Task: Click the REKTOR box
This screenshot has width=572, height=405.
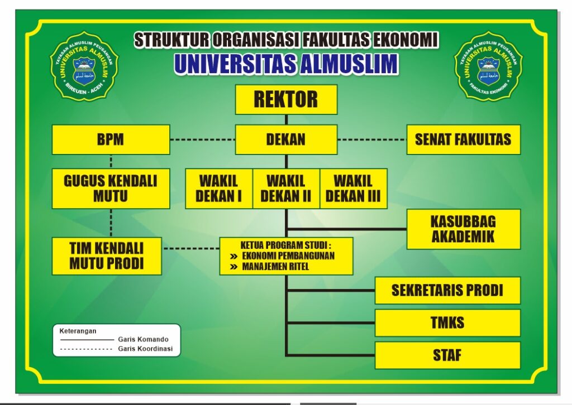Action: pos(286,99)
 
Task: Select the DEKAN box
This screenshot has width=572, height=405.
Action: pos(286,139)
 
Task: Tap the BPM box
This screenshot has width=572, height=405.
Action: pos(111,139)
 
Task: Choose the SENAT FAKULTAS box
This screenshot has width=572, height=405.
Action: pos(463,139)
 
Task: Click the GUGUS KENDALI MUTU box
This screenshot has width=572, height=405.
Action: pos(111,189)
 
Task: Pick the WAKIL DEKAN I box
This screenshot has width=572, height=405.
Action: pos(219,189)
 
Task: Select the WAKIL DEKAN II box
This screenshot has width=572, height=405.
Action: pos(287,189)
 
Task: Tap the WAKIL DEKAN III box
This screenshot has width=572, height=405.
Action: pos(354,189)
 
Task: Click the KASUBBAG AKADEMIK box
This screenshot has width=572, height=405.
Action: pos(463,229)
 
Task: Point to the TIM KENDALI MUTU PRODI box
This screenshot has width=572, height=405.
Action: pos(107,256)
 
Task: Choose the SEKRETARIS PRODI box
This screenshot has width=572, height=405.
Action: pos(447,290)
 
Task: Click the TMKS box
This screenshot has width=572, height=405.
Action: pos(447,322)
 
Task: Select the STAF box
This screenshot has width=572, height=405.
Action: pos(447,355)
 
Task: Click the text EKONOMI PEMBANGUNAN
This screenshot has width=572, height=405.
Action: pos(288,255)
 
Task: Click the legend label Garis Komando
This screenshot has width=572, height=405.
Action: pos(143,339)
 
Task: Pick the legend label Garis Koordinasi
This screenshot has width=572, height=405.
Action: pos(145,349)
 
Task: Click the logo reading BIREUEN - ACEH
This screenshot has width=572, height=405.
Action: pos(84,66)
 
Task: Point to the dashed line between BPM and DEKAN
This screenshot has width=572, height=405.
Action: pos(202,139)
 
